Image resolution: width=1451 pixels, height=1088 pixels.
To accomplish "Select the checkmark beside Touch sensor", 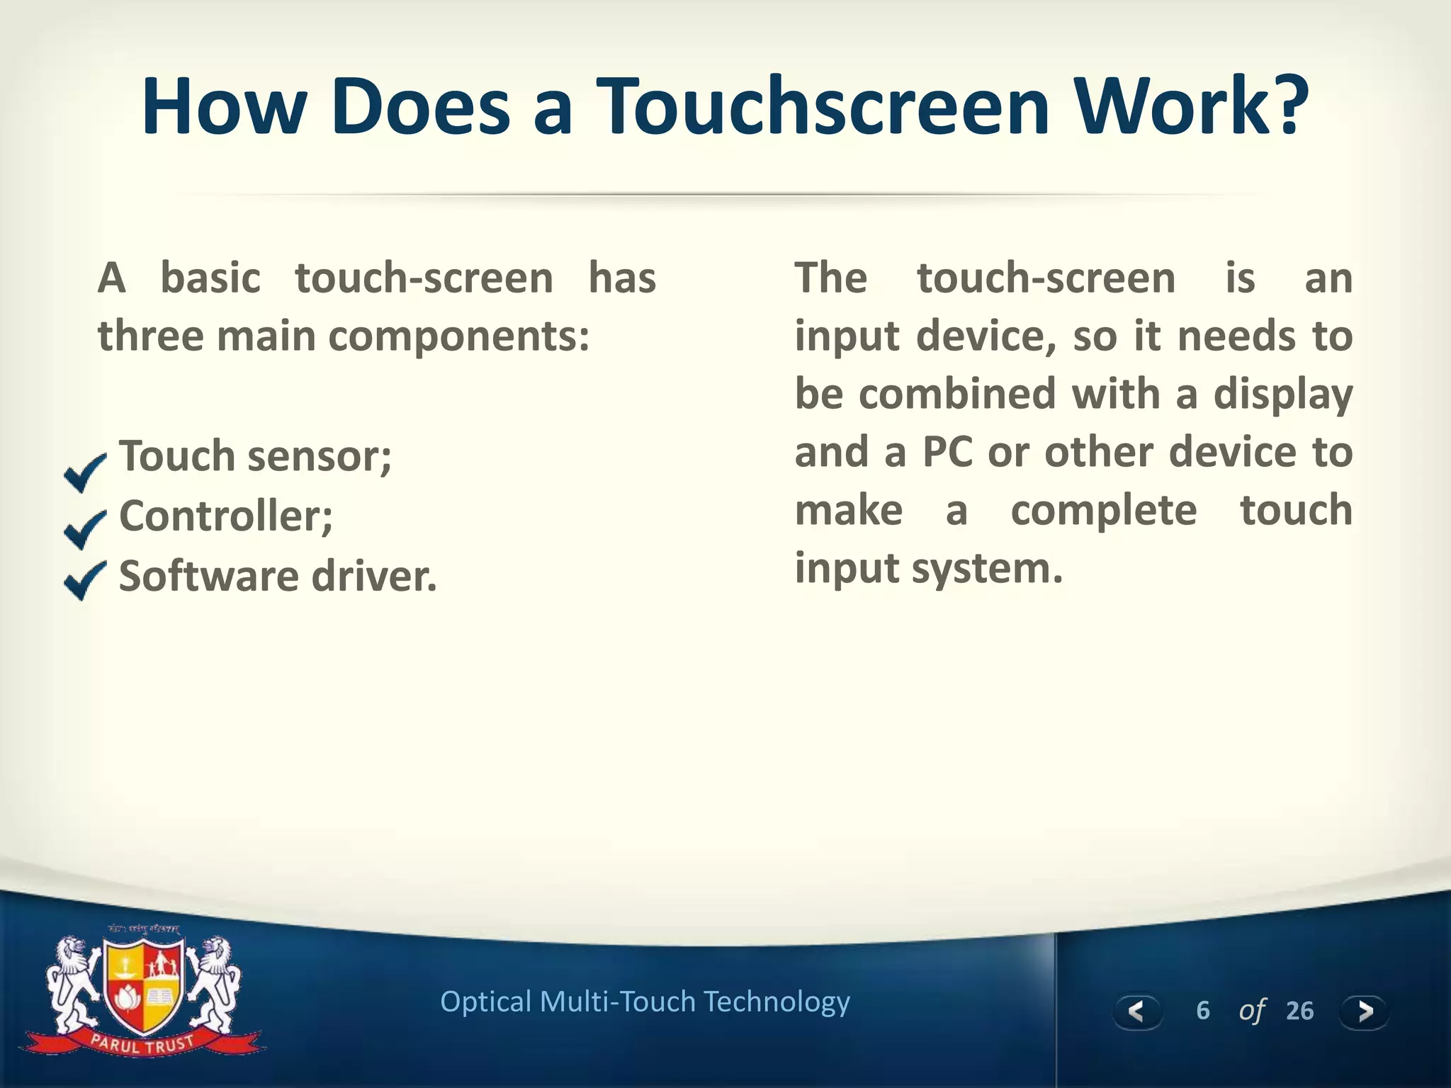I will [x=84, y=472].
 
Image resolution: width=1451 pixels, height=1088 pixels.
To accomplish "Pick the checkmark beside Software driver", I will [x=84, y=579].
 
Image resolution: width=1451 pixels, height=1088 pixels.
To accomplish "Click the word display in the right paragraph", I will [x=1282, y=395].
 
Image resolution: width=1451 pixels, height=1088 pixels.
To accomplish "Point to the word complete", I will [x=1103, y=510].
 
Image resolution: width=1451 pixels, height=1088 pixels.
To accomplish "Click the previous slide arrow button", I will [x=1136, y=1011].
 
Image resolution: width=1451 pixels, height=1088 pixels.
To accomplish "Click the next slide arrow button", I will [x=1364, y=1011].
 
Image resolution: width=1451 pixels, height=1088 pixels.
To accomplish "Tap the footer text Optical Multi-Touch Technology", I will [x=645, y=1002].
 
